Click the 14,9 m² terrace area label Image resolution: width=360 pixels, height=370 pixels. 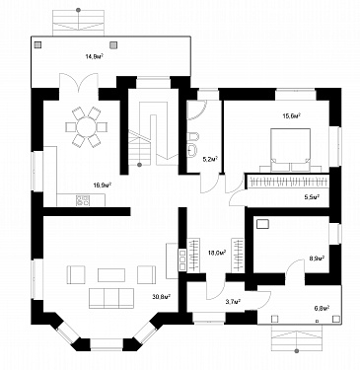[x=95, y=56]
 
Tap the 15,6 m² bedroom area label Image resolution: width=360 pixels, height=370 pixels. [x=292, y=115]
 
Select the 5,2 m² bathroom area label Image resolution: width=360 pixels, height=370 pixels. [x=210, y=160]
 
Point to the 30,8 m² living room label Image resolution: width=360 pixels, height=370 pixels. [x=161, y=297]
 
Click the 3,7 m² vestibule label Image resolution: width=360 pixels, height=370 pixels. [x=233, y=301]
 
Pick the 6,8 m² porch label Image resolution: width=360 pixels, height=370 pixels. [x=322, y=308]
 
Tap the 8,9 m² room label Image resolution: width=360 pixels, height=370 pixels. [x=317, y=258]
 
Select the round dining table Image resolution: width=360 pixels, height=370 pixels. [x=86, y=126]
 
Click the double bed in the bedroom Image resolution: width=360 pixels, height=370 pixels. [x=291, y=150]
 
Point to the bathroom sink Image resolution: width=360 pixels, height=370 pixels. [x=192, y=150]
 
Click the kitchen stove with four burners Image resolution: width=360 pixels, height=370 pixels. [x=83, y=200]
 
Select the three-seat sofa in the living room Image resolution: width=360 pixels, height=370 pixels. [x=111, y=298]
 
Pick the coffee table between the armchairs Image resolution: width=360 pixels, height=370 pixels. [x=111, y=275]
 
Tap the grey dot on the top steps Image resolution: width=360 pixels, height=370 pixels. [x=78, y=10]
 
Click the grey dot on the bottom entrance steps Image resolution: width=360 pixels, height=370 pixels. [x=297, y=351]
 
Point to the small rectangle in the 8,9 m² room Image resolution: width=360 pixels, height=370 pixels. [x=262, y=224]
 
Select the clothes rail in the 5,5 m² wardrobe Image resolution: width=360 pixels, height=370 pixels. [x=288, y=182]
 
